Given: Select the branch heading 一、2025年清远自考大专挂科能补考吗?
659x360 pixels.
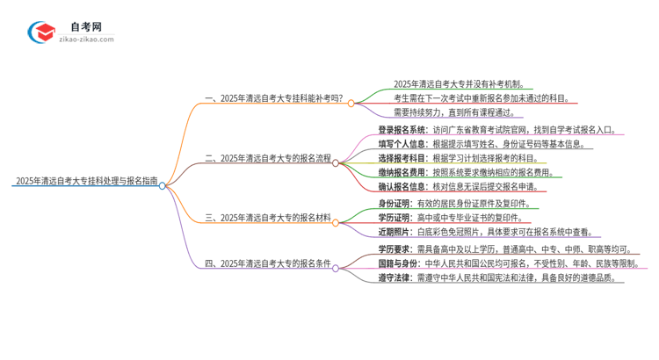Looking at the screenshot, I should tap(273, 102).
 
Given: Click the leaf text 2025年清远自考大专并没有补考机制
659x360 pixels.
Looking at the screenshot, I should tap(460, 84).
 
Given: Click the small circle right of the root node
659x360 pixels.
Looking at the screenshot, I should tap(163, 184).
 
